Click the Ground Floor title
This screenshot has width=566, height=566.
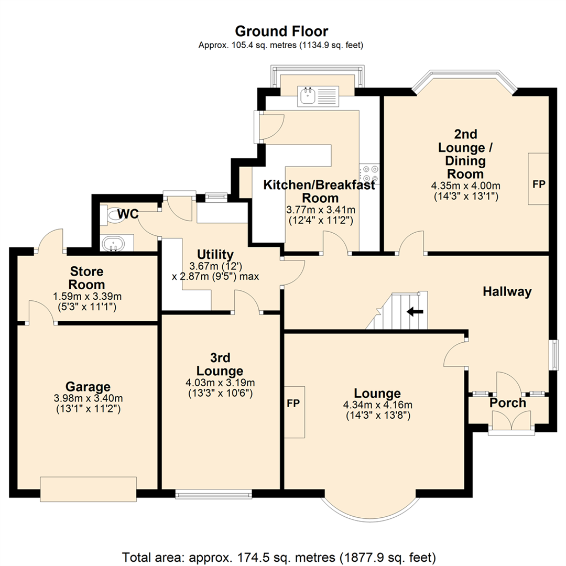[281, 31]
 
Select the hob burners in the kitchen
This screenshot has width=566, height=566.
[369, 173]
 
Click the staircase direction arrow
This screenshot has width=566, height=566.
[415, 312]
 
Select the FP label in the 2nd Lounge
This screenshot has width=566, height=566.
[538, 184]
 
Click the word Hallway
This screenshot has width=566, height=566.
[507, 291]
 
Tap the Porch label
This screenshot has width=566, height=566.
[508, 403]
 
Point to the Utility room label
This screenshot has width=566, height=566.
[215, 255]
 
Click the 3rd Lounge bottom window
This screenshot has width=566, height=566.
[213, 493]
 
